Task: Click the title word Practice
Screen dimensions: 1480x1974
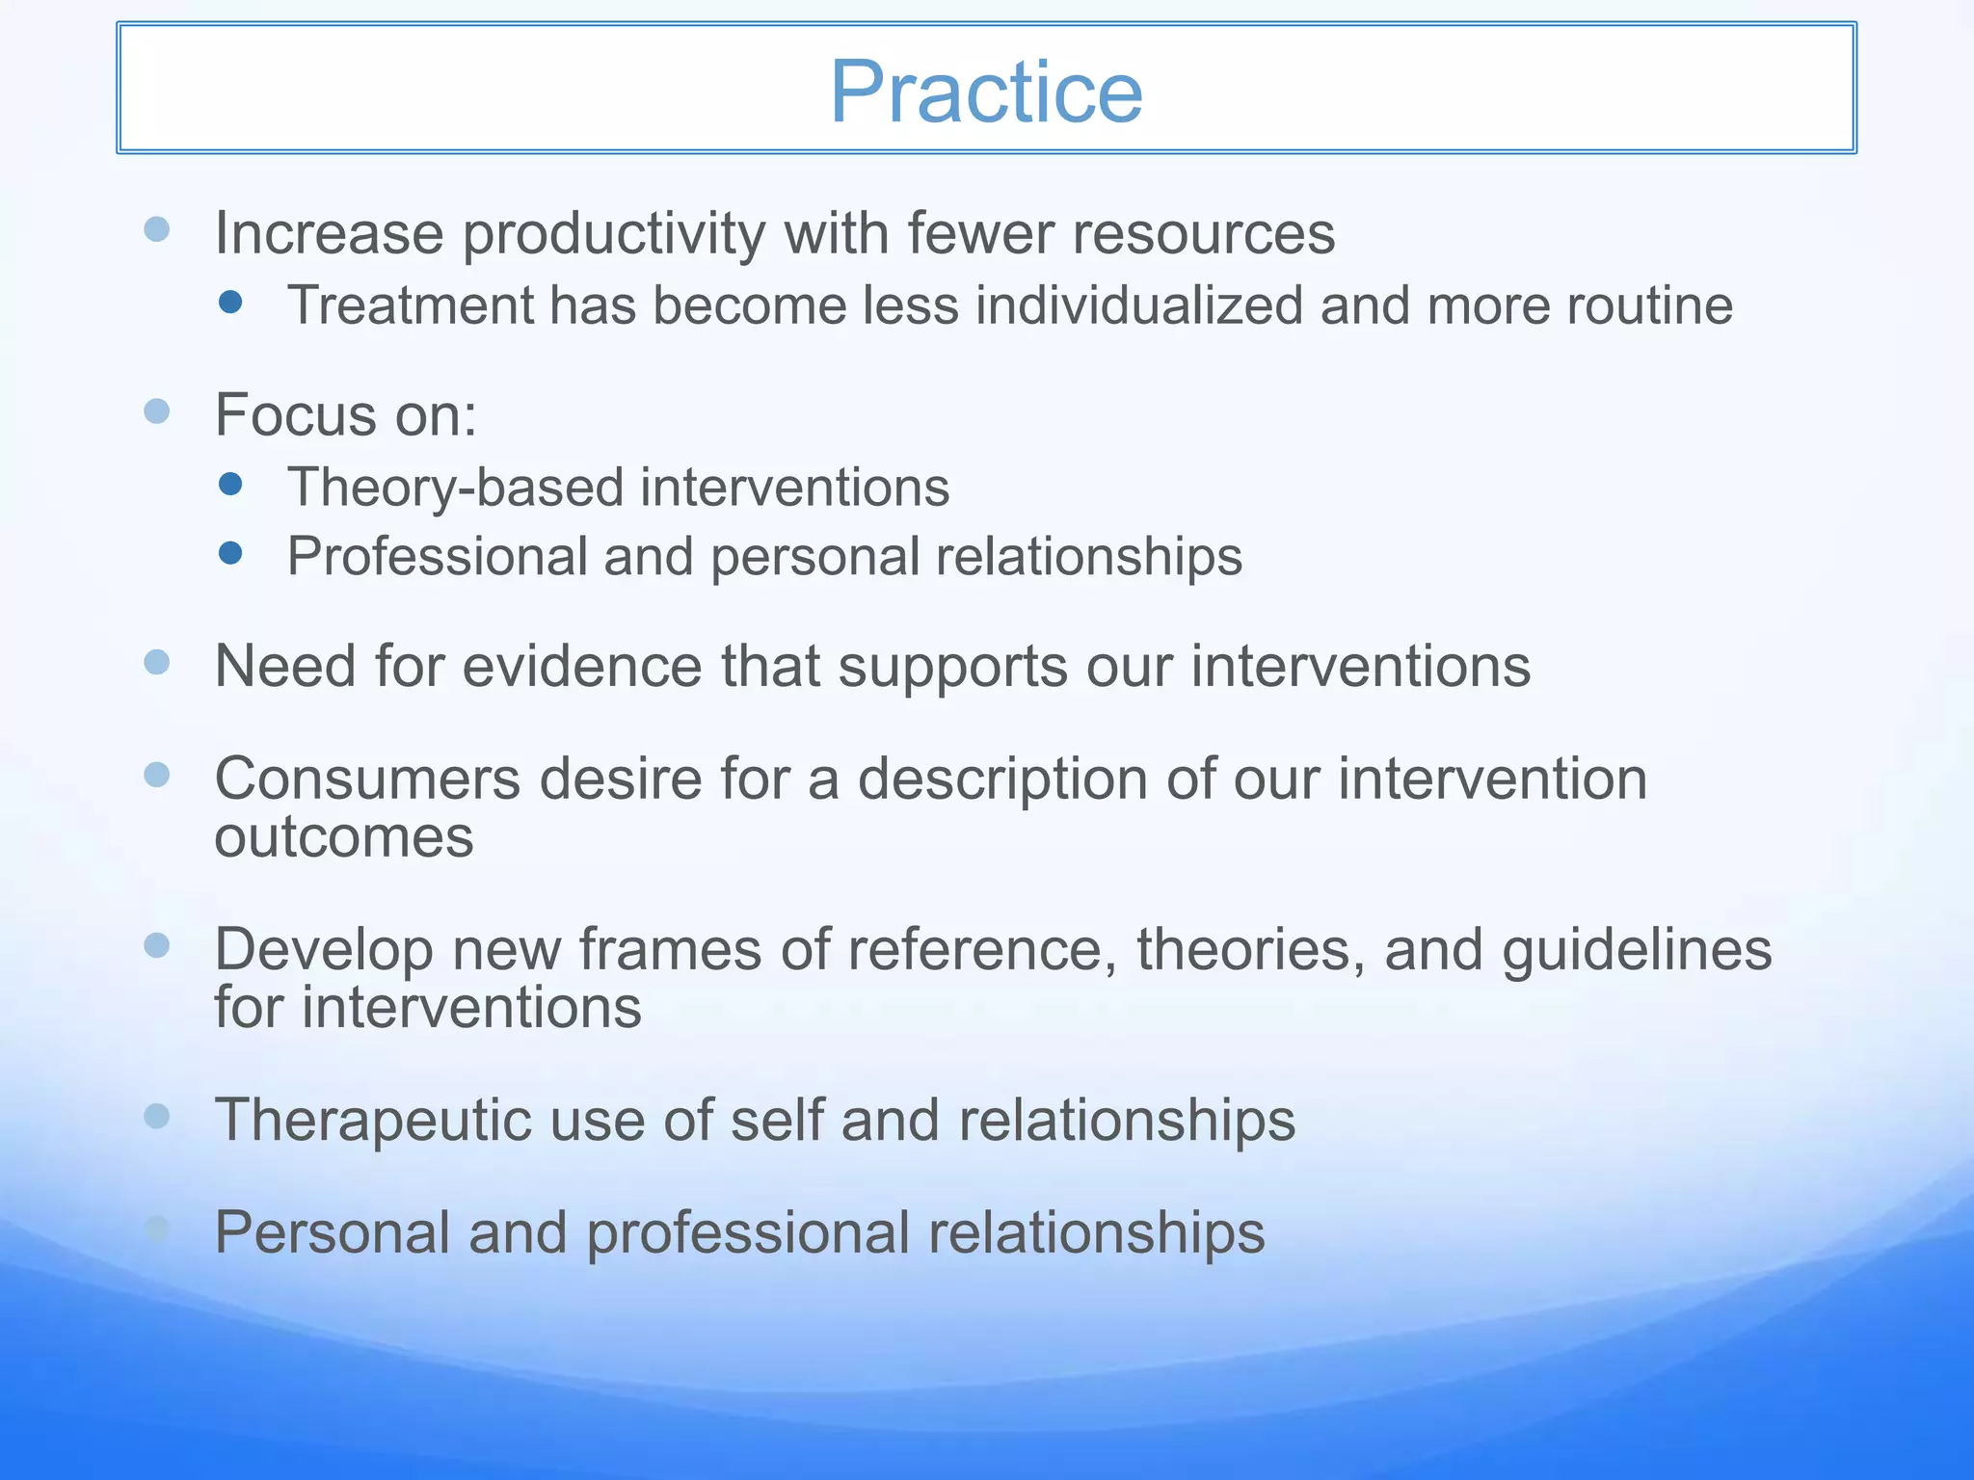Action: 986,92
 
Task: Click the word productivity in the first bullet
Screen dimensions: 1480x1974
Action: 614,234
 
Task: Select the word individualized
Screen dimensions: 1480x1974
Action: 1139,305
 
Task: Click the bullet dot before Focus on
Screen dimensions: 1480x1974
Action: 157,411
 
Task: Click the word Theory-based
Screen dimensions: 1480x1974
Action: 455,488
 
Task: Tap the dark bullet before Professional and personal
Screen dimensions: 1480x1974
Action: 230,552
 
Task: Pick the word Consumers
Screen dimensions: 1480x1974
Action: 366,779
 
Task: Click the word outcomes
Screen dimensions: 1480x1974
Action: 344,837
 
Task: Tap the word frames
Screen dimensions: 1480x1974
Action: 670,949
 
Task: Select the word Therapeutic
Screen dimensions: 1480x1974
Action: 372,1121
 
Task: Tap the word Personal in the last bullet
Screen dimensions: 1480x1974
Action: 333,1232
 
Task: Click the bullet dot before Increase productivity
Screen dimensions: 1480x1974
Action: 157,229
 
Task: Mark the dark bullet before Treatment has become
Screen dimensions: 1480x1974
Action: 230,303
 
